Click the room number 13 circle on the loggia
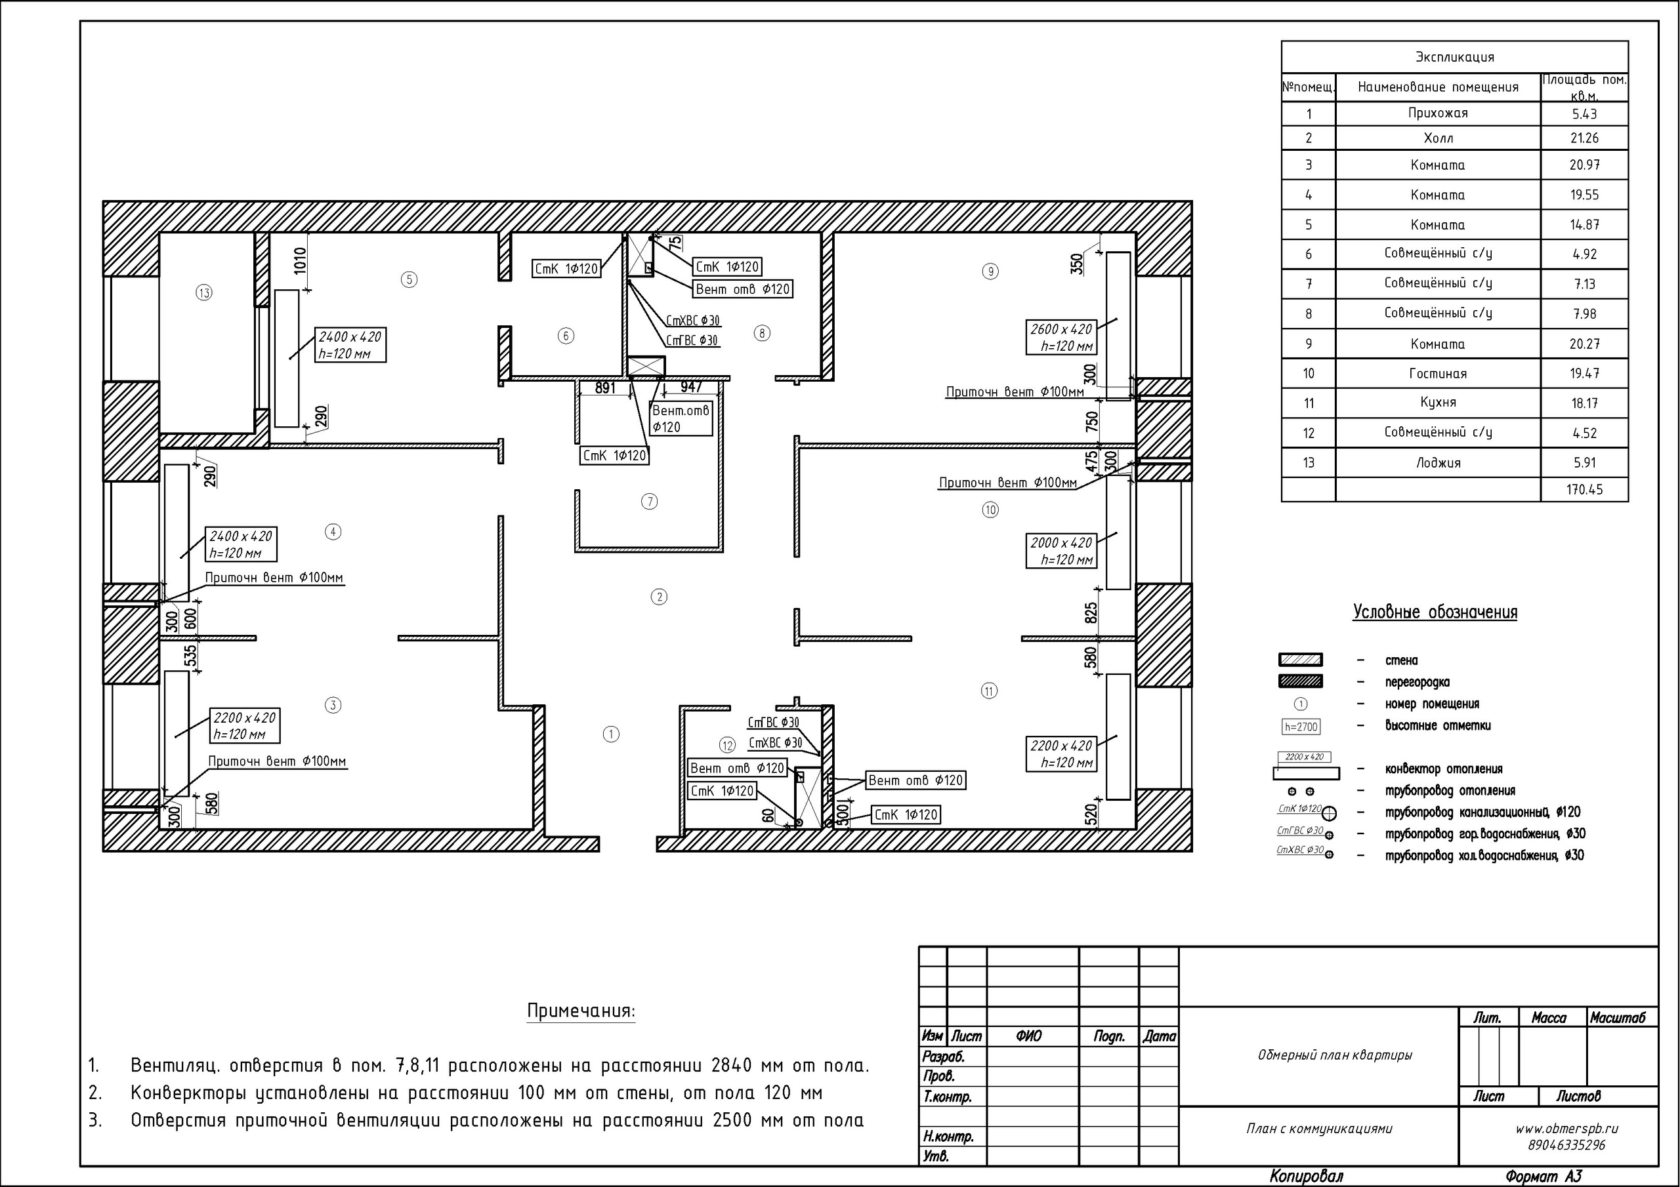click(204, 293)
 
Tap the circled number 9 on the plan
click(990, 272)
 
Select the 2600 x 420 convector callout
click(1062, 338)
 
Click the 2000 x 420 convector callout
click(1062, 552)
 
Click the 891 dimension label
click(605, 388)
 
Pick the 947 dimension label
click(691, 387)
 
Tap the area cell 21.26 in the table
click(1584, 138)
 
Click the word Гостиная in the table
click(1438, 374)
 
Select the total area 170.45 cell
click(1584, 489)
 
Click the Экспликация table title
click(1455, 57)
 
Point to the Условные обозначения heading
click(1435, 612)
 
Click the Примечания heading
click(581, 1011)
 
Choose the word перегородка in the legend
click(1417, 682)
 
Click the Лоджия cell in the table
click(1438, 463)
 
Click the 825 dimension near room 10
click(1091, 613)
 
